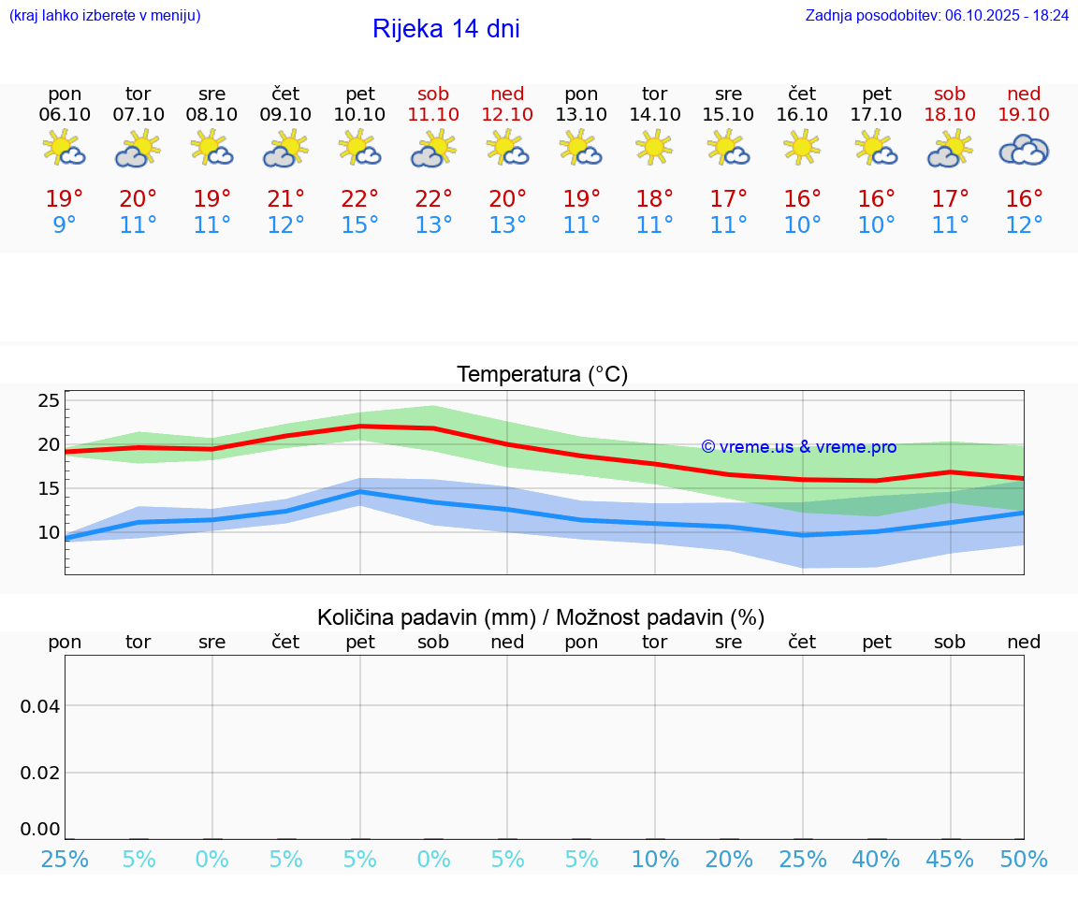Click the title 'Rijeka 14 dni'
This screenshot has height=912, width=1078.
tap(445, 29)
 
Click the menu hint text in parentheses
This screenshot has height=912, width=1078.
tap(105, 15)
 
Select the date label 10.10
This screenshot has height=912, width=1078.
tap(359, 114)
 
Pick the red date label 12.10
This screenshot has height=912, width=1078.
tap(507, 114)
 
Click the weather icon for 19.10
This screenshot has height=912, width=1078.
tap(1024, 150)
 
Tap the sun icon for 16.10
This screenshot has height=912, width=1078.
tap(802, 148)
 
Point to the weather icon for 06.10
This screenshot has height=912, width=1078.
tap(65, 148)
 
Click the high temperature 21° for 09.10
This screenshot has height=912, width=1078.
tap(286, 198)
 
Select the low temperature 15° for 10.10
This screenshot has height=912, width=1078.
tap(359, 225)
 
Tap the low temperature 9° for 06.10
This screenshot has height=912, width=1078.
tap(65, 225)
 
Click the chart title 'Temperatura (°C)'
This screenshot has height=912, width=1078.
tap(542, 374)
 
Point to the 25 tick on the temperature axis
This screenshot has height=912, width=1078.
tap(49, 400)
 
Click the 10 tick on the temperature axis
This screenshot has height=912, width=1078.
tap(49, 532)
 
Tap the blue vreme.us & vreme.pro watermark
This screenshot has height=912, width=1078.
tap(799, 447)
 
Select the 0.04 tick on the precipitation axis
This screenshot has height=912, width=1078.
tap(40, 706)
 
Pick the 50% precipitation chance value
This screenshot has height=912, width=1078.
tap(1024, 860)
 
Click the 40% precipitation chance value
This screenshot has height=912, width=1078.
tap(876, 860)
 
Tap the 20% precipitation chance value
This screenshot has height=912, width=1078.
tap(728, 860)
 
